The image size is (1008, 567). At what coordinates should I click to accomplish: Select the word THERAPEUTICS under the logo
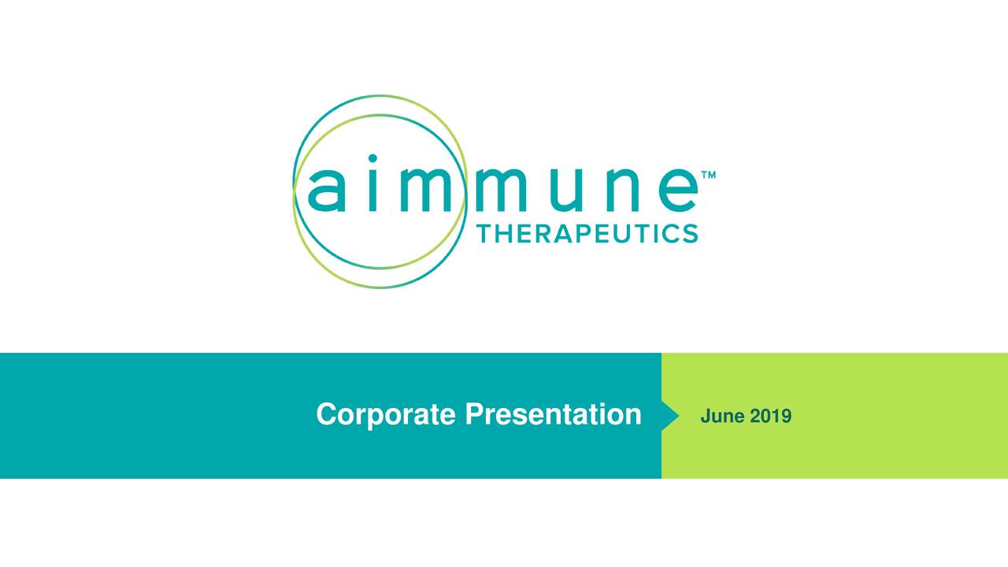[x=587, y=233]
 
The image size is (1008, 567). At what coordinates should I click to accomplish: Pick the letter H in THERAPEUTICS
[x=510, y=233]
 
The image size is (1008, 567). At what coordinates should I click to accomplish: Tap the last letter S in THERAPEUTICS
[x=688, y=233]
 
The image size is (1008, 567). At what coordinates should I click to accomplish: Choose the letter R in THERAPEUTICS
[x=546, y=233]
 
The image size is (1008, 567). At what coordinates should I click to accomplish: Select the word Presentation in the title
[x=553, y=414]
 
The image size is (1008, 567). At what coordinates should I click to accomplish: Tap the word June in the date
[x=721, y=416]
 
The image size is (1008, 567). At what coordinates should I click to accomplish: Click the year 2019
[x=771, y=416]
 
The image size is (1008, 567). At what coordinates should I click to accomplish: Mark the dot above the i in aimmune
[x=372, y=158]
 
